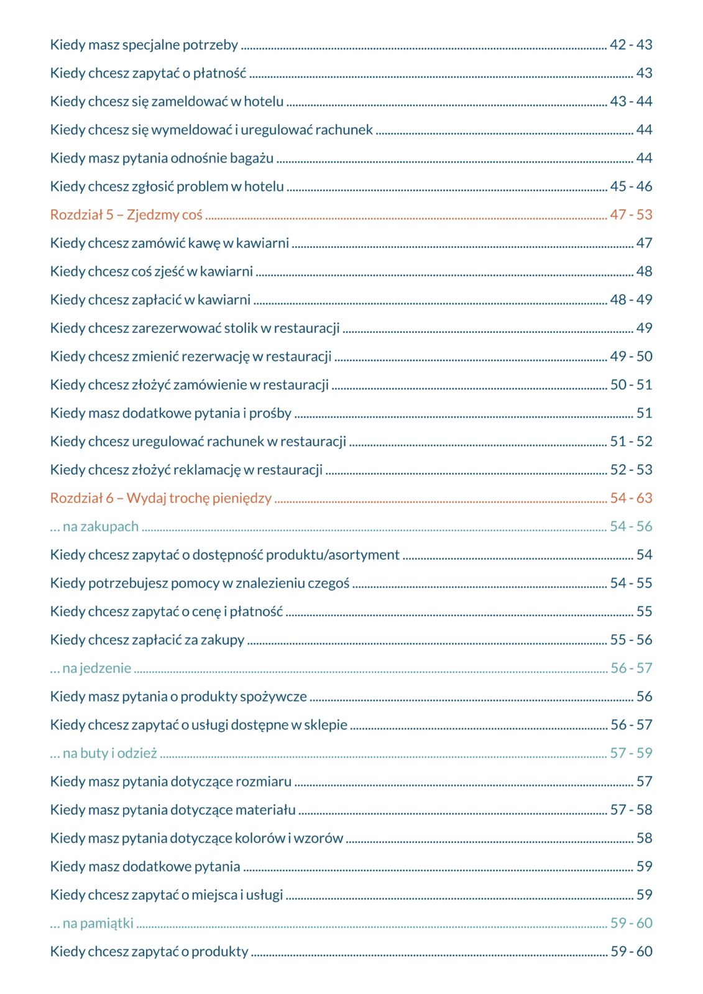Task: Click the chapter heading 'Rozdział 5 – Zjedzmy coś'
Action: tap(126, 215)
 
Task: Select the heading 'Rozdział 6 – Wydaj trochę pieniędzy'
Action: tap(160, 498)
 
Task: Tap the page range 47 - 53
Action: tap(631, 215)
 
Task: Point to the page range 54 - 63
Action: tap(631, 498)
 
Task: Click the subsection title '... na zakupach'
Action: tap(94, 527)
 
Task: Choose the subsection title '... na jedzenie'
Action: tap(91, 668)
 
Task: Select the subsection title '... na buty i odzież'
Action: tap(104, 754)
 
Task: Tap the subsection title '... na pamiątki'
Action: tap(92, 923)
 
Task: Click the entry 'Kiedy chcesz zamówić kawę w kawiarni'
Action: tap(169, 244)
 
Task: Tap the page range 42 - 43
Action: tap(631, 45)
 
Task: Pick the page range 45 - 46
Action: tap(631, 186)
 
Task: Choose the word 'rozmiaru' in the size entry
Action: tap(265, 782)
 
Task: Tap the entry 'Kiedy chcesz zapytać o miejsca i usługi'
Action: tap(166, 895)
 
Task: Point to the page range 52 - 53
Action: tap(631, 470)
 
